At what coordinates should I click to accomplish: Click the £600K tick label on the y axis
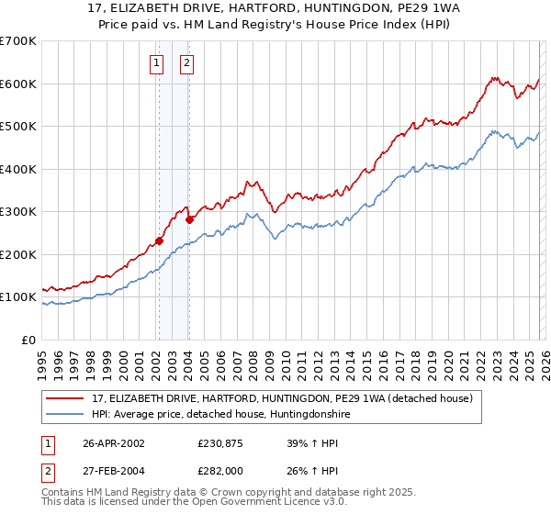coord(18,84)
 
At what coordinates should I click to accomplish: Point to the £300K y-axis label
coord(18,212)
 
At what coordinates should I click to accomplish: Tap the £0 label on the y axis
coord(28,340)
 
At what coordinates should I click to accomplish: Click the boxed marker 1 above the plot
coord(156,63)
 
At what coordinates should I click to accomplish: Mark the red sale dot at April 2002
coord(159,241)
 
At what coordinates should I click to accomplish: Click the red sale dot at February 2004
coord(189,219)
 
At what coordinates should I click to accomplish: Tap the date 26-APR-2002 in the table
coord(114,443)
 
